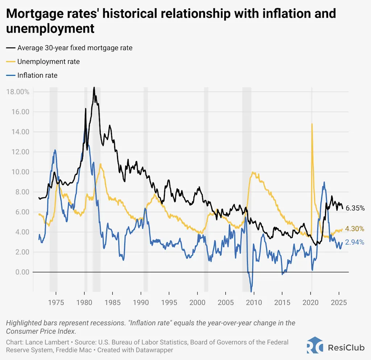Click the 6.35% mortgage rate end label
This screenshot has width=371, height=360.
coord(355,208)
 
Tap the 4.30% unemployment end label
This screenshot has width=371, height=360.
coord(355,229)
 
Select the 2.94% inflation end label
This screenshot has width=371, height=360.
coord(355,242)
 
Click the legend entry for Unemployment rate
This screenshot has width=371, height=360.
coord(48,62)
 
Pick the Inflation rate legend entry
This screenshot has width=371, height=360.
coord(37,75)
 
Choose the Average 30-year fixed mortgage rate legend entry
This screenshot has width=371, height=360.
coord(75,48)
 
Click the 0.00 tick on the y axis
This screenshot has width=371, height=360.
coord(21,272)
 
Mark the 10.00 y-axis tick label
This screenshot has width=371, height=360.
coord(20,172)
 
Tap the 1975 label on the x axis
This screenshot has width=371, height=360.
coord(56,302)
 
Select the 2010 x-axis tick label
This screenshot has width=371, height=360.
coord(254,302)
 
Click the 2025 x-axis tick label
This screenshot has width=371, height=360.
coord(339,302)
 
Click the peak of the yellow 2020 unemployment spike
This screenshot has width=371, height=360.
coord(312,124)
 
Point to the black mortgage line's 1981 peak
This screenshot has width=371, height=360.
coord(94,88)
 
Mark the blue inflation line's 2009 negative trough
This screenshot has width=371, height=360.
coord(251,291)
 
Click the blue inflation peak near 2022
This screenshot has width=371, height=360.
coord(324,182)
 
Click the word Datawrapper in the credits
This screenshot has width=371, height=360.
coord(156,350)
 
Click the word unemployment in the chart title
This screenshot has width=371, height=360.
coord(51,28)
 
